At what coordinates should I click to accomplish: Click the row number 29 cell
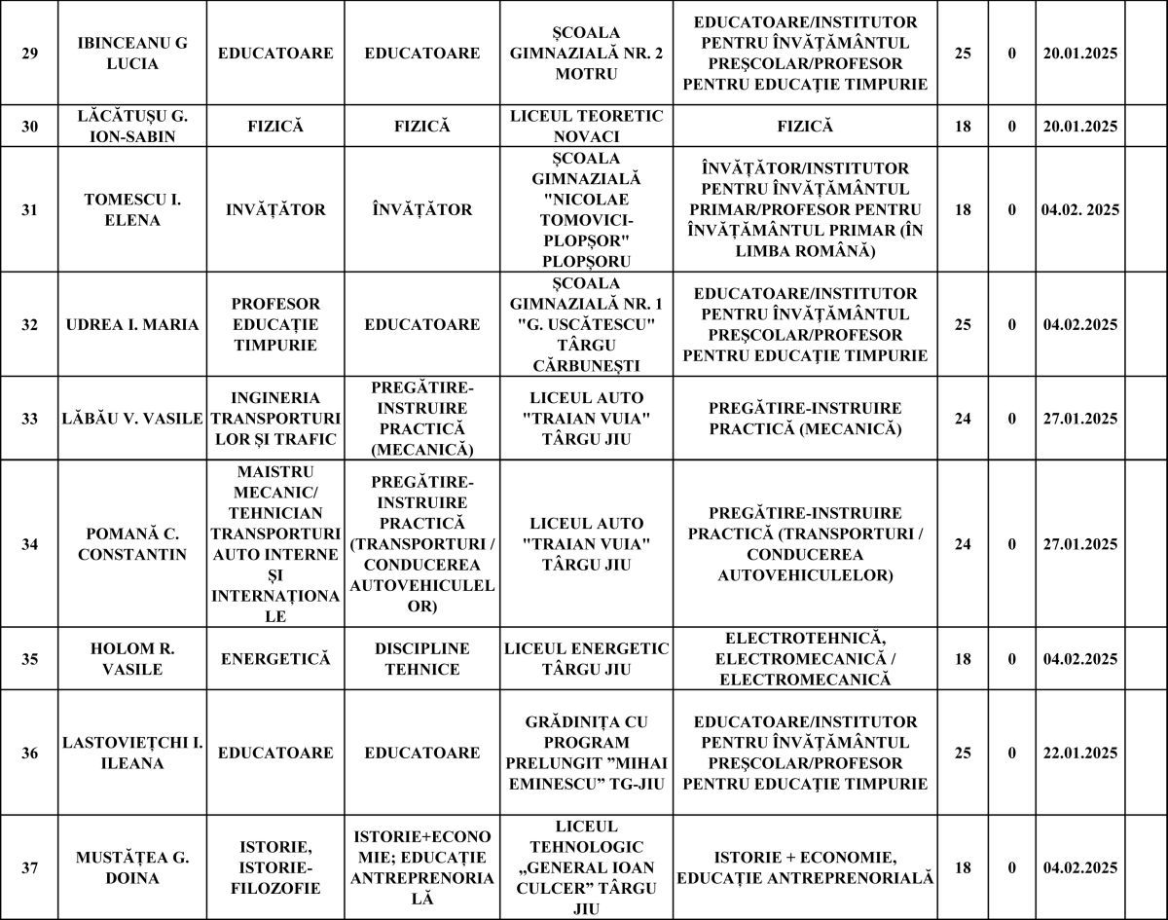tap(30, 53)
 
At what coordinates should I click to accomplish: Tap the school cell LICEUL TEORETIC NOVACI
tap(586, 126)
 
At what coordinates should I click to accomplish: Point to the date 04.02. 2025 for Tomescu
tap(1079, 209)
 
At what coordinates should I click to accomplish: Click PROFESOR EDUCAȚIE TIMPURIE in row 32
tap(275, 324)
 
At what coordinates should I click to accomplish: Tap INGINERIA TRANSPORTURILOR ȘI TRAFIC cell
tap(275, 419)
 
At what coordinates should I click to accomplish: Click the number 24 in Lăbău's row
tap(963, 419)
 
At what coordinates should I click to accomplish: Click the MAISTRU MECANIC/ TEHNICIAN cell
tap(275, 544)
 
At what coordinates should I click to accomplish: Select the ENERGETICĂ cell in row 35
tap(275, 659)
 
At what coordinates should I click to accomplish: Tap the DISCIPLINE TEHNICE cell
tap(421, 659)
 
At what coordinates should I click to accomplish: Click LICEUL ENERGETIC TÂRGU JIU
tap(586, 659)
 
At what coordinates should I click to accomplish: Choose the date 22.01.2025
tap(1079, 753)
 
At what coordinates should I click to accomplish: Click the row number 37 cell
tap(30, 867)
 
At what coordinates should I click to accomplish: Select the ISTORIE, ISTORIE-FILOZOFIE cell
tap(275, 867)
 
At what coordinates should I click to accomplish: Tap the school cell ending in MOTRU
tap(586, 53)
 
